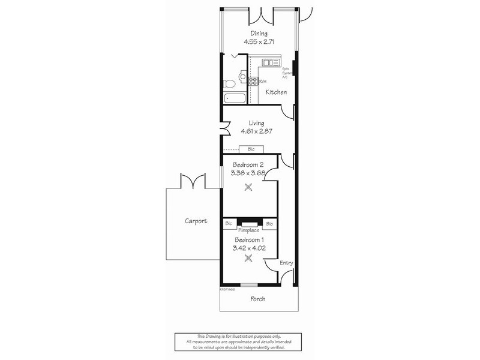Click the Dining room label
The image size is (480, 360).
point(259,34)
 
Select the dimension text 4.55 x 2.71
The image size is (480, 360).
point(259,43)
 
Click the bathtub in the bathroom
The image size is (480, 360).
point(232,99)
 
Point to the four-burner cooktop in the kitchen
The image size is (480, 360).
point(254,81)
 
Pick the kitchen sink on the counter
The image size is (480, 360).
point(268,61)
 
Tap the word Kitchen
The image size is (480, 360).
point(276,92)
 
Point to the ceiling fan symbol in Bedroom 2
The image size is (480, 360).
point(248,187)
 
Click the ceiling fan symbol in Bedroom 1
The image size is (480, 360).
point(248,259)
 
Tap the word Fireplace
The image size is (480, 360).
point(248,230)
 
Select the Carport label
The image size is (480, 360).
point(196,221)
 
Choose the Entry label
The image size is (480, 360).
point(286,263)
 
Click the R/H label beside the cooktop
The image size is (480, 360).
point(262,81)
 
